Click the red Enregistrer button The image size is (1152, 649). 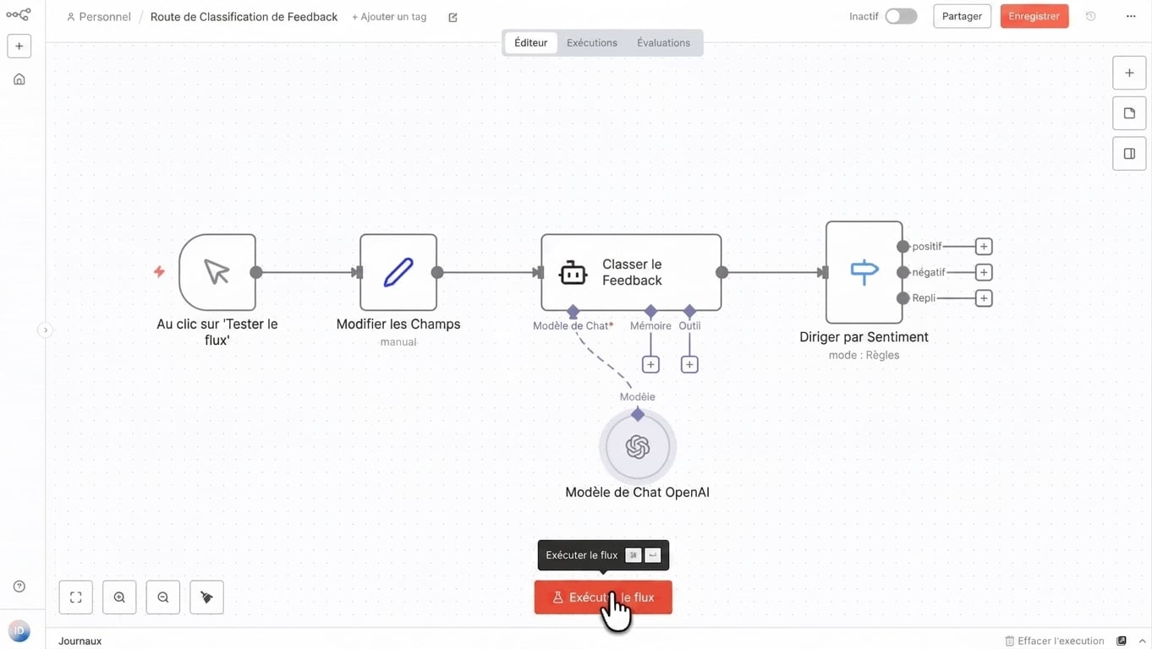[x=1034, y=16]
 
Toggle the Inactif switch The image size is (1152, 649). [x=901, y=16]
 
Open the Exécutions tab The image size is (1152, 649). [x=591, y=42]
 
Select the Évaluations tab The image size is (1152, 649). [x=663, y=42]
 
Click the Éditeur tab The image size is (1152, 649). [x=530, y=42]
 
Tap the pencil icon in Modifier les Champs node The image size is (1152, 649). [x=398, y=272]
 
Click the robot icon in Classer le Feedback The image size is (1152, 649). [x=573, y=272]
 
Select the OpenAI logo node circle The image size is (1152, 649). [x=637, y=446]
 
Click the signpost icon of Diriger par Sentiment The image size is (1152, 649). [x=864, y=272]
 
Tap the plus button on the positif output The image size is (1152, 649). [x=984, y=246]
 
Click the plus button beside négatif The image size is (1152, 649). [x=984, y=272]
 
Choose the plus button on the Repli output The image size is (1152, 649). [x=984, y=298]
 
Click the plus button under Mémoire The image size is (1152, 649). [x=650, y=365]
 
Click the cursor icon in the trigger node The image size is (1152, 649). [x=217, y=271]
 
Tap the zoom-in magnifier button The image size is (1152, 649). [x=119, y=597]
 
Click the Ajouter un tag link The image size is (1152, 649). [x=389, y=16]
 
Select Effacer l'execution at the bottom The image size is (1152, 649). [x=1054, y=641]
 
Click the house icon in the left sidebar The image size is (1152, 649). [x=19, y=79]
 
